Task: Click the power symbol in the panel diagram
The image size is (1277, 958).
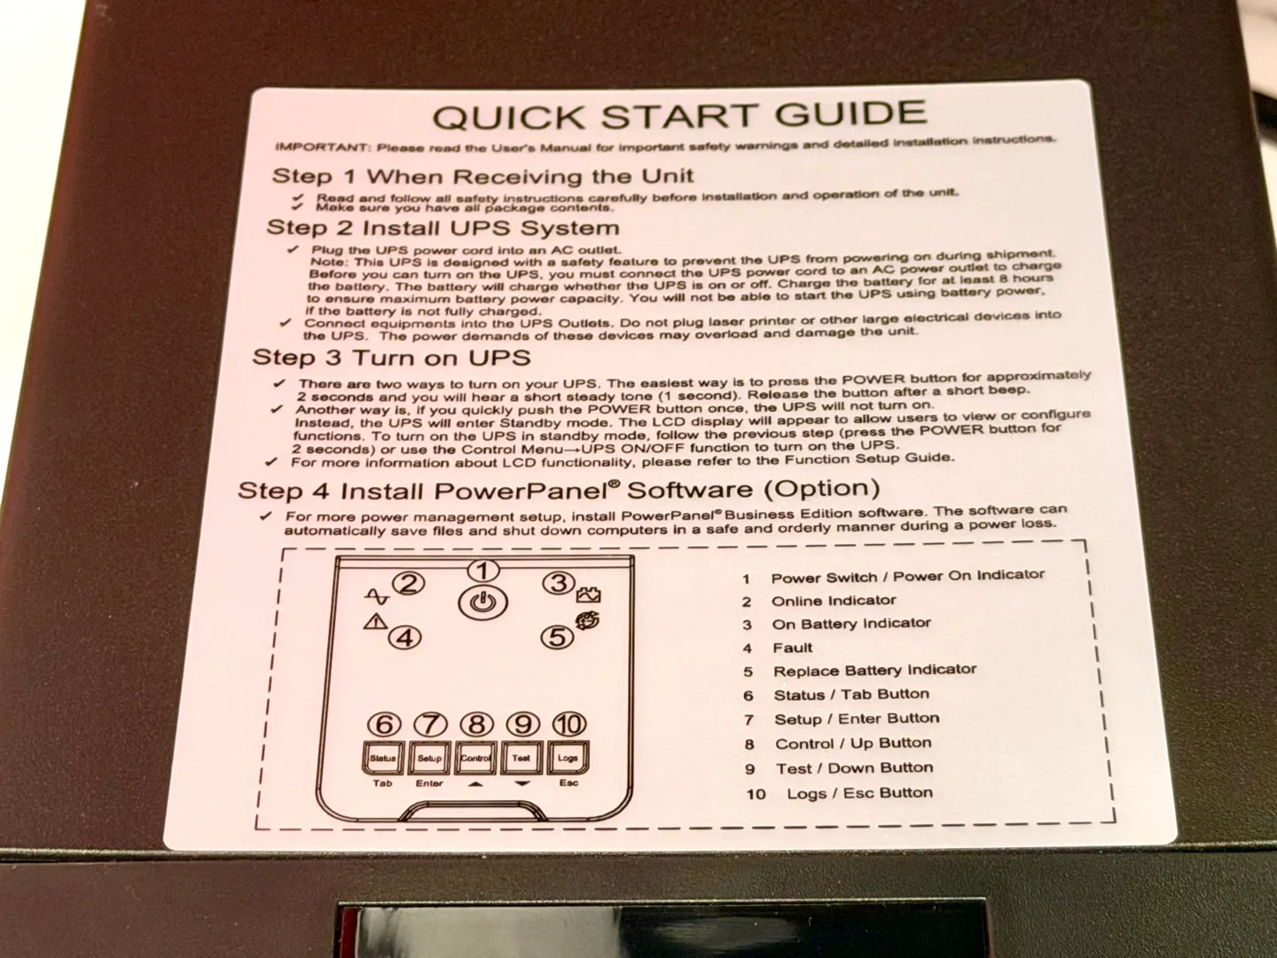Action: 482,603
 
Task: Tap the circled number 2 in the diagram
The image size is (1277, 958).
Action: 409,584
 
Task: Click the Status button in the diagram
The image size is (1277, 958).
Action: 383,758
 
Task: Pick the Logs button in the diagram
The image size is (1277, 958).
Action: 568,757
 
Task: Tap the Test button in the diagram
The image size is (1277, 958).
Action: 521,758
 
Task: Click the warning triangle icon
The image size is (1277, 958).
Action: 375,622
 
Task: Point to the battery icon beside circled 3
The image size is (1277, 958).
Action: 588,594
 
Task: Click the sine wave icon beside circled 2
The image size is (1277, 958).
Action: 377,597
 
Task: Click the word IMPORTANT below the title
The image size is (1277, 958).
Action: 322,146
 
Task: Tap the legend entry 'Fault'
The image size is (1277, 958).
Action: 793,648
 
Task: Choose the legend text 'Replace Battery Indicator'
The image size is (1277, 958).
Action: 874,670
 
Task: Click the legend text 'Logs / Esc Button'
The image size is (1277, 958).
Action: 860,793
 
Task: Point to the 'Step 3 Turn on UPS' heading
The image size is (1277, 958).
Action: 392,357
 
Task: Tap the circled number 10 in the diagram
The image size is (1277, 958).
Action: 569,724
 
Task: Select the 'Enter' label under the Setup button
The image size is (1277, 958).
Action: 429,783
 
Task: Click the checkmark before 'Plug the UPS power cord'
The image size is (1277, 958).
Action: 293,249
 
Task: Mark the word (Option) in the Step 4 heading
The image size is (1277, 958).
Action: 821,489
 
